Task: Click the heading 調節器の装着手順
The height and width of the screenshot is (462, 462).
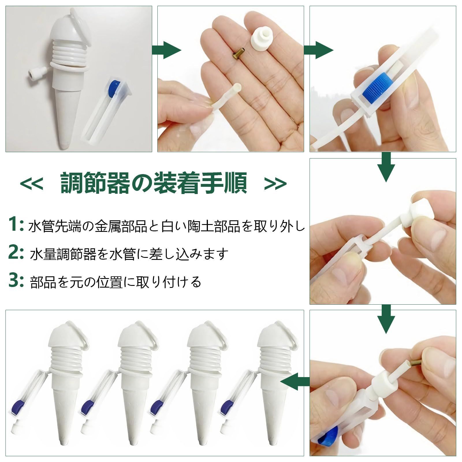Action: (x=154, y=183)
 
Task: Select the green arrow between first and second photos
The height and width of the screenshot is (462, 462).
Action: (x=167, y=50)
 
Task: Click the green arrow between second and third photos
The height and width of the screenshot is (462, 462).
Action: (x=319, y=50)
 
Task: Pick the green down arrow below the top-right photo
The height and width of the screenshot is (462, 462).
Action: (x=387, y=167)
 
